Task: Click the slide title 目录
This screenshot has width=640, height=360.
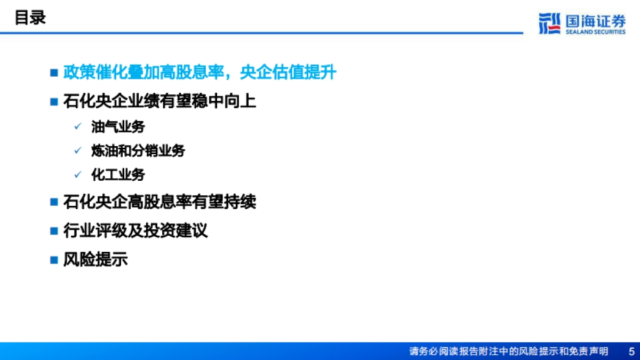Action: click(x=30, y=18)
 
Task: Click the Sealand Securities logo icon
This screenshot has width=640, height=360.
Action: click(x=549, y=23)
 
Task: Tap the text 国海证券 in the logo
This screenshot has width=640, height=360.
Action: click(x=595, y=20)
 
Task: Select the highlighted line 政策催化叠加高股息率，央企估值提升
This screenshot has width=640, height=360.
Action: click(x=200, y=73)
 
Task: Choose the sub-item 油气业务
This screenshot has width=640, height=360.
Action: click(x=118, y=127)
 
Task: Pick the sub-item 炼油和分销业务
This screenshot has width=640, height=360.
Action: click(x=138, y=151)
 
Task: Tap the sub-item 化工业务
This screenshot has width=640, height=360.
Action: click(x=118, y=174)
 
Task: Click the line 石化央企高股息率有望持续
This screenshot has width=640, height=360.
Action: click(x=159, y=202)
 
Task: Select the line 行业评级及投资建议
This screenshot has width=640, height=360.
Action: click(x=135, y=231)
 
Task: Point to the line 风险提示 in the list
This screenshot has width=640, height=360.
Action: click(x=95, y=260)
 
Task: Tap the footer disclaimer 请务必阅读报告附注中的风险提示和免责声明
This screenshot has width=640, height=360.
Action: click(x=508, y=351)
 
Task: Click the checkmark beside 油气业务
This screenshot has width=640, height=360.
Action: click(x=78, y=127)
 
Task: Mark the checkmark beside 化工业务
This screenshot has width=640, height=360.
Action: click(x=78, y=174)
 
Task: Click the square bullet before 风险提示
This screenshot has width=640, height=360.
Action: click(x=53, y=260)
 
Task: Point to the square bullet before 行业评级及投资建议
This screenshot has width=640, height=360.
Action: click(x=53, y=231)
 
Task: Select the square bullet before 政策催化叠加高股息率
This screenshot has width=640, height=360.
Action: click(x=53, y=73)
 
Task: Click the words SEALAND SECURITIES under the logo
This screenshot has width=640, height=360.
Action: click(x=595, y=32)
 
